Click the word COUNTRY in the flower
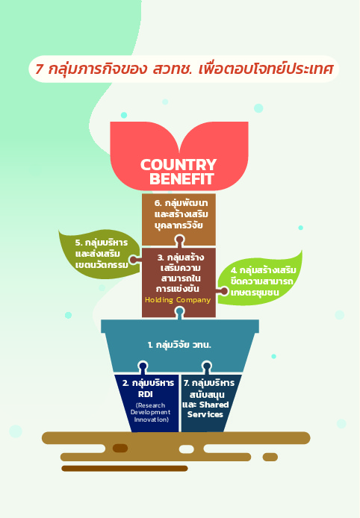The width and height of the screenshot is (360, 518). click(x=179, y=164)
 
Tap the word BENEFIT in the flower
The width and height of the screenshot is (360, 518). click(x=181, y=178)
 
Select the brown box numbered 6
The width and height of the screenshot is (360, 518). click(x=179, y=219)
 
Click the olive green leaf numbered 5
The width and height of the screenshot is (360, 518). click(x=99, y=254)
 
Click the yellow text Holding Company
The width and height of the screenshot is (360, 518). click(x=178, y=300)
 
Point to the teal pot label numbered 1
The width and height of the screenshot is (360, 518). click(x=179, y=345)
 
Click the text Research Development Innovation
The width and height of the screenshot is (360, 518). click(x=150, y=412)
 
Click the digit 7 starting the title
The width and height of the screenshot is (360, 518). click(x=39, y=69)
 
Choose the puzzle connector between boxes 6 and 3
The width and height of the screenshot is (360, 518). click(x=179, y=241)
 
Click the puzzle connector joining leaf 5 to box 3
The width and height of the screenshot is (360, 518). click(x=134, y=260)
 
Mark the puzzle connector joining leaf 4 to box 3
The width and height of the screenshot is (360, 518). click(x=223, y=291)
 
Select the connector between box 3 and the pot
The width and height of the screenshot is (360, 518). click(x=179, y=313)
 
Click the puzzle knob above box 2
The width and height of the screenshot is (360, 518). click(x=143, y=367)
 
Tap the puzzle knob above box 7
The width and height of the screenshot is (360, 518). click(x=207, y=367)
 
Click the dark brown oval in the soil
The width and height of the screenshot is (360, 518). click(x=120, y=449)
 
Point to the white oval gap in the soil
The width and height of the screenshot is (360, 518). click(x=187, y=449)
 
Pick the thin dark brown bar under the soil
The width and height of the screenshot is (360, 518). click(x=125, y=469)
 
